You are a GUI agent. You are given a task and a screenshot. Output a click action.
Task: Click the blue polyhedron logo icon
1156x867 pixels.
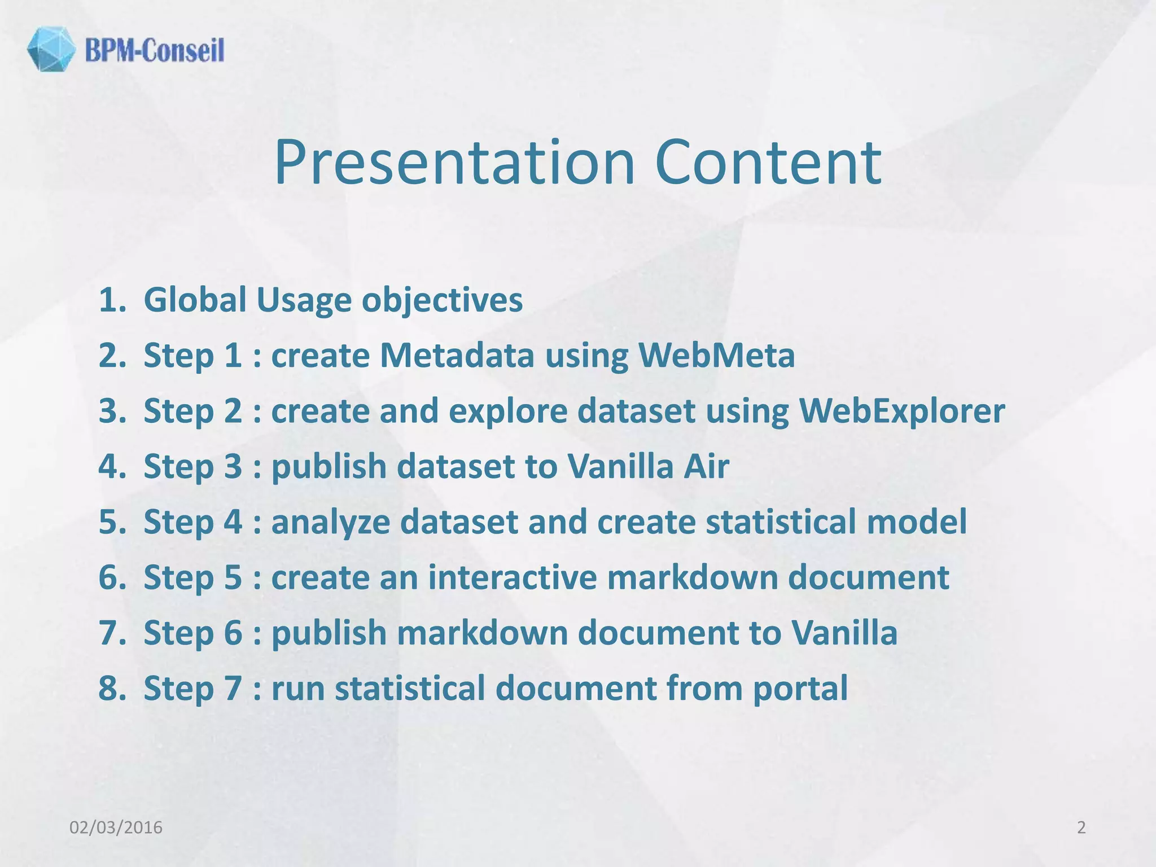tap(51, 49)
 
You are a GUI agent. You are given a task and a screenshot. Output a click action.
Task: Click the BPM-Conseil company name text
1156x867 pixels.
tap(155, 50)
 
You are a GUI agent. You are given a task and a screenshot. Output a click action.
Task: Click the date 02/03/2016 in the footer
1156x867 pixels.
tap(116, 827)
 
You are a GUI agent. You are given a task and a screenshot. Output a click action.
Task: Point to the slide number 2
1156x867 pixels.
tap(1081, 827)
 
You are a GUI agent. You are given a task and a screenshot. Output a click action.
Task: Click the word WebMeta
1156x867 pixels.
tap(716, 356)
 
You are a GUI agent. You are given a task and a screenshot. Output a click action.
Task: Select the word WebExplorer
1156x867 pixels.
tap(901, 411)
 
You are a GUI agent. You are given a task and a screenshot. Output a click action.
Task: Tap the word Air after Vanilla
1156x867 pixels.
tap(706, 466)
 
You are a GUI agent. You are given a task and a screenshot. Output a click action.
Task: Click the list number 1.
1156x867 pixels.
tap(111, 300)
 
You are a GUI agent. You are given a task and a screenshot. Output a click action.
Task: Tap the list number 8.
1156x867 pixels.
tap(111, 688)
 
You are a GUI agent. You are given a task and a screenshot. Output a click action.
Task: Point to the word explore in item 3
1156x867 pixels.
tap(508, 411)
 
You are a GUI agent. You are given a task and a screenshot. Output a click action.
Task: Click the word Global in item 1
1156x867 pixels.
tap(195, 300)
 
